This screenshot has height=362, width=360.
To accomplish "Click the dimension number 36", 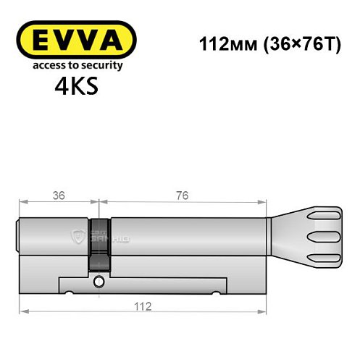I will tap(58, 195).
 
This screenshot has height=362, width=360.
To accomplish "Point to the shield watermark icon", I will tap(78, 235).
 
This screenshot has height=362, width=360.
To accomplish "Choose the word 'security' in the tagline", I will tap(104, 65).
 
